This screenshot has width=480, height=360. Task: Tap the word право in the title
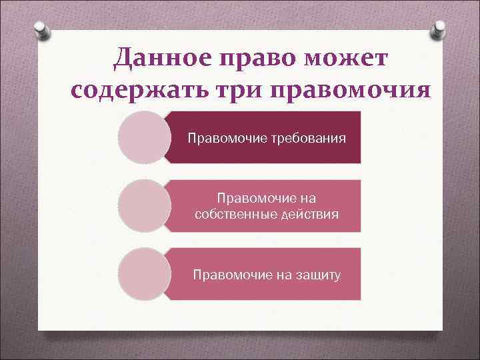pyautogui.click(x=251, y=61)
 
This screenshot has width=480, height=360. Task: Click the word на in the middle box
pyautogui.click(x=309, y=198)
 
